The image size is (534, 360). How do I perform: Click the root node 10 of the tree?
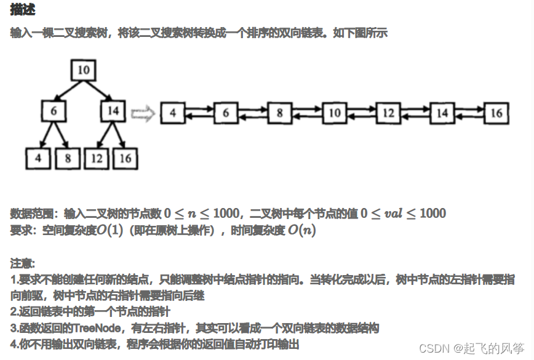(83, 70)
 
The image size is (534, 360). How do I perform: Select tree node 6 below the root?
(54, 111)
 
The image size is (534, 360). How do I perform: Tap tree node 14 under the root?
(113, 111)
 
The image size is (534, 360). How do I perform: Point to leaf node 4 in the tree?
(38, 158)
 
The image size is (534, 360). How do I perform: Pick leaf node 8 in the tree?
(68, 158)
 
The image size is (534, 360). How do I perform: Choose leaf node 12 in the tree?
(97, 158)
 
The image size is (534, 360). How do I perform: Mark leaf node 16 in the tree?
(126, 158)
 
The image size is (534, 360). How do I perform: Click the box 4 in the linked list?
(172, 113)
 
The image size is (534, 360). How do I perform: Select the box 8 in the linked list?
(280, 113)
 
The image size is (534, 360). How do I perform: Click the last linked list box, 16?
(496, 113)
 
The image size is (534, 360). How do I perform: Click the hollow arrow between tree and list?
(142, 114)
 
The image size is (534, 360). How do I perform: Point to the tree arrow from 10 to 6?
(68, 90)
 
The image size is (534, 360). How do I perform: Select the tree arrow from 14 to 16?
(119, 135)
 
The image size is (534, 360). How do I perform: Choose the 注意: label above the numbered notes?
(23, 263)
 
